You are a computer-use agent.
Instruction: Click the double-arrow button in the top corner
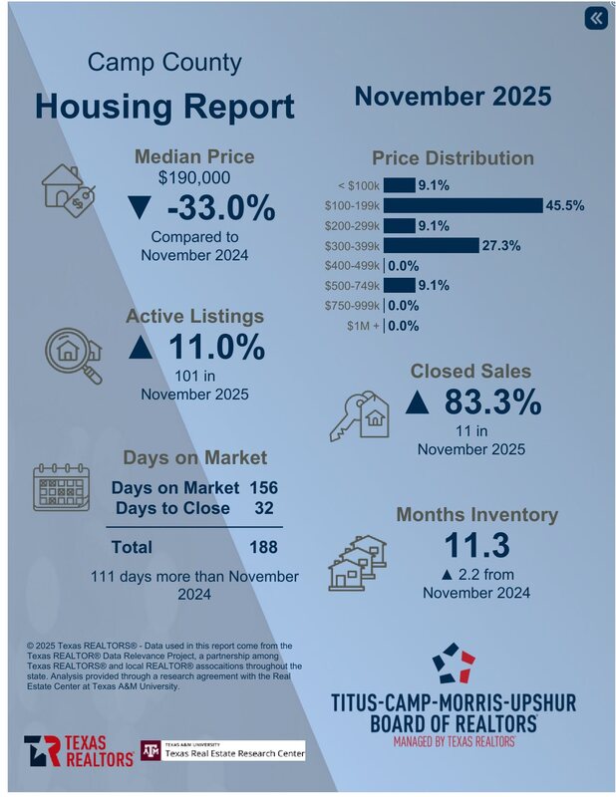[x=595, y=19]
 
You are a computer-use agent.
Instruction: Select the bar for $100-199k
[x=462, y=205]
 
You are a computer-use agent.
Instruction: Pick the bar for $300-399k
[x=431, y=245]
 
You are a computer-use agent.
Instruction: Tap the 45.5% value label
[x=564, y=205]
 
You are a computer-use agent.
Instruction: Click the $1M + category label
[x=363, y=326]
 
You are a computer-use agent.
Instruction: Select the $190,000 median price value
[x=194, y=178]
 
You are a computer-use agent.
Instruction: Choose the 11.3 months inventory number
[x=476, y=546]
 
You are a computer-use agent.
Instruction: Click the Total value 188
[x=263, y=547]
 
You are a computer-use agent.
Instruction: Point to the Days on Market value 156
[x=263, y=488]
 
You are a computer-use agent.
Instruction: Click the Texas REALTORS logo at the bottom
[x=79, y=751]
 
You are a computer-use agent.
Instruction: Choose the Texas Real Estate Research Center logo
[x=222, y=750]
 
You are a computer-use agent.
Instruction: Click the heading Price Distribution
[x=453, y=158]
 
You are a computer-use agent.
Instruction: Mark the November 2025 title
[x=453, y=97]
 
